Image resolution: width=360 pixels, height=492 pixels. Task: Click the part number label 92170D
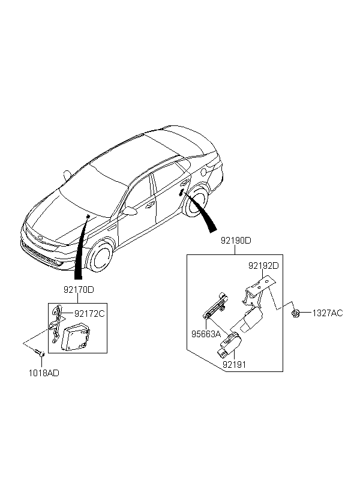coord(78,289)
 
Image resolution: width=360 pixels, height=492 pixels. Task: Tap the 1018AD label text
coord(44,373)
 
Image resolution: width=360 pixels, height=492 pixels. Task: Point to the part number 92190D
coord(235,241)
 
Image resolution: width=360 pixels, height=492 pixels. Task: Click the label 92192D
coord(265,265)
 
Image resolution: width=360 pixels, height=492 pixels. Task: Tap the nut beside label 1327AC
coord(297,313)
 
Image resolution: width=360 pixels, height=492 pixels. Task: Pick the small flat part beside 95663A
coord(215,307)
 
